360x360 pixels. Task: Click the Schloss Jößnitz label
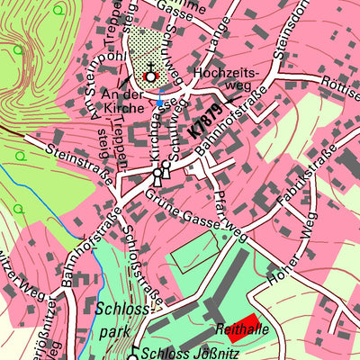[x=184, y=353]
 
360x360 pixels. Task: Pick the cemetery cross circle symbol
[x=149, y=77]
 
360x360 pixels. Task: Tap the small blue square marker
[x=160, y=103]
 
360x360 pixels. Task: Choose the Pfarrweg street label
[x=229, y=216]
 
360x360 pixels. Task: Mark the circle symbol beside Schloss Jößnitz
[x=131, y=356]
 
